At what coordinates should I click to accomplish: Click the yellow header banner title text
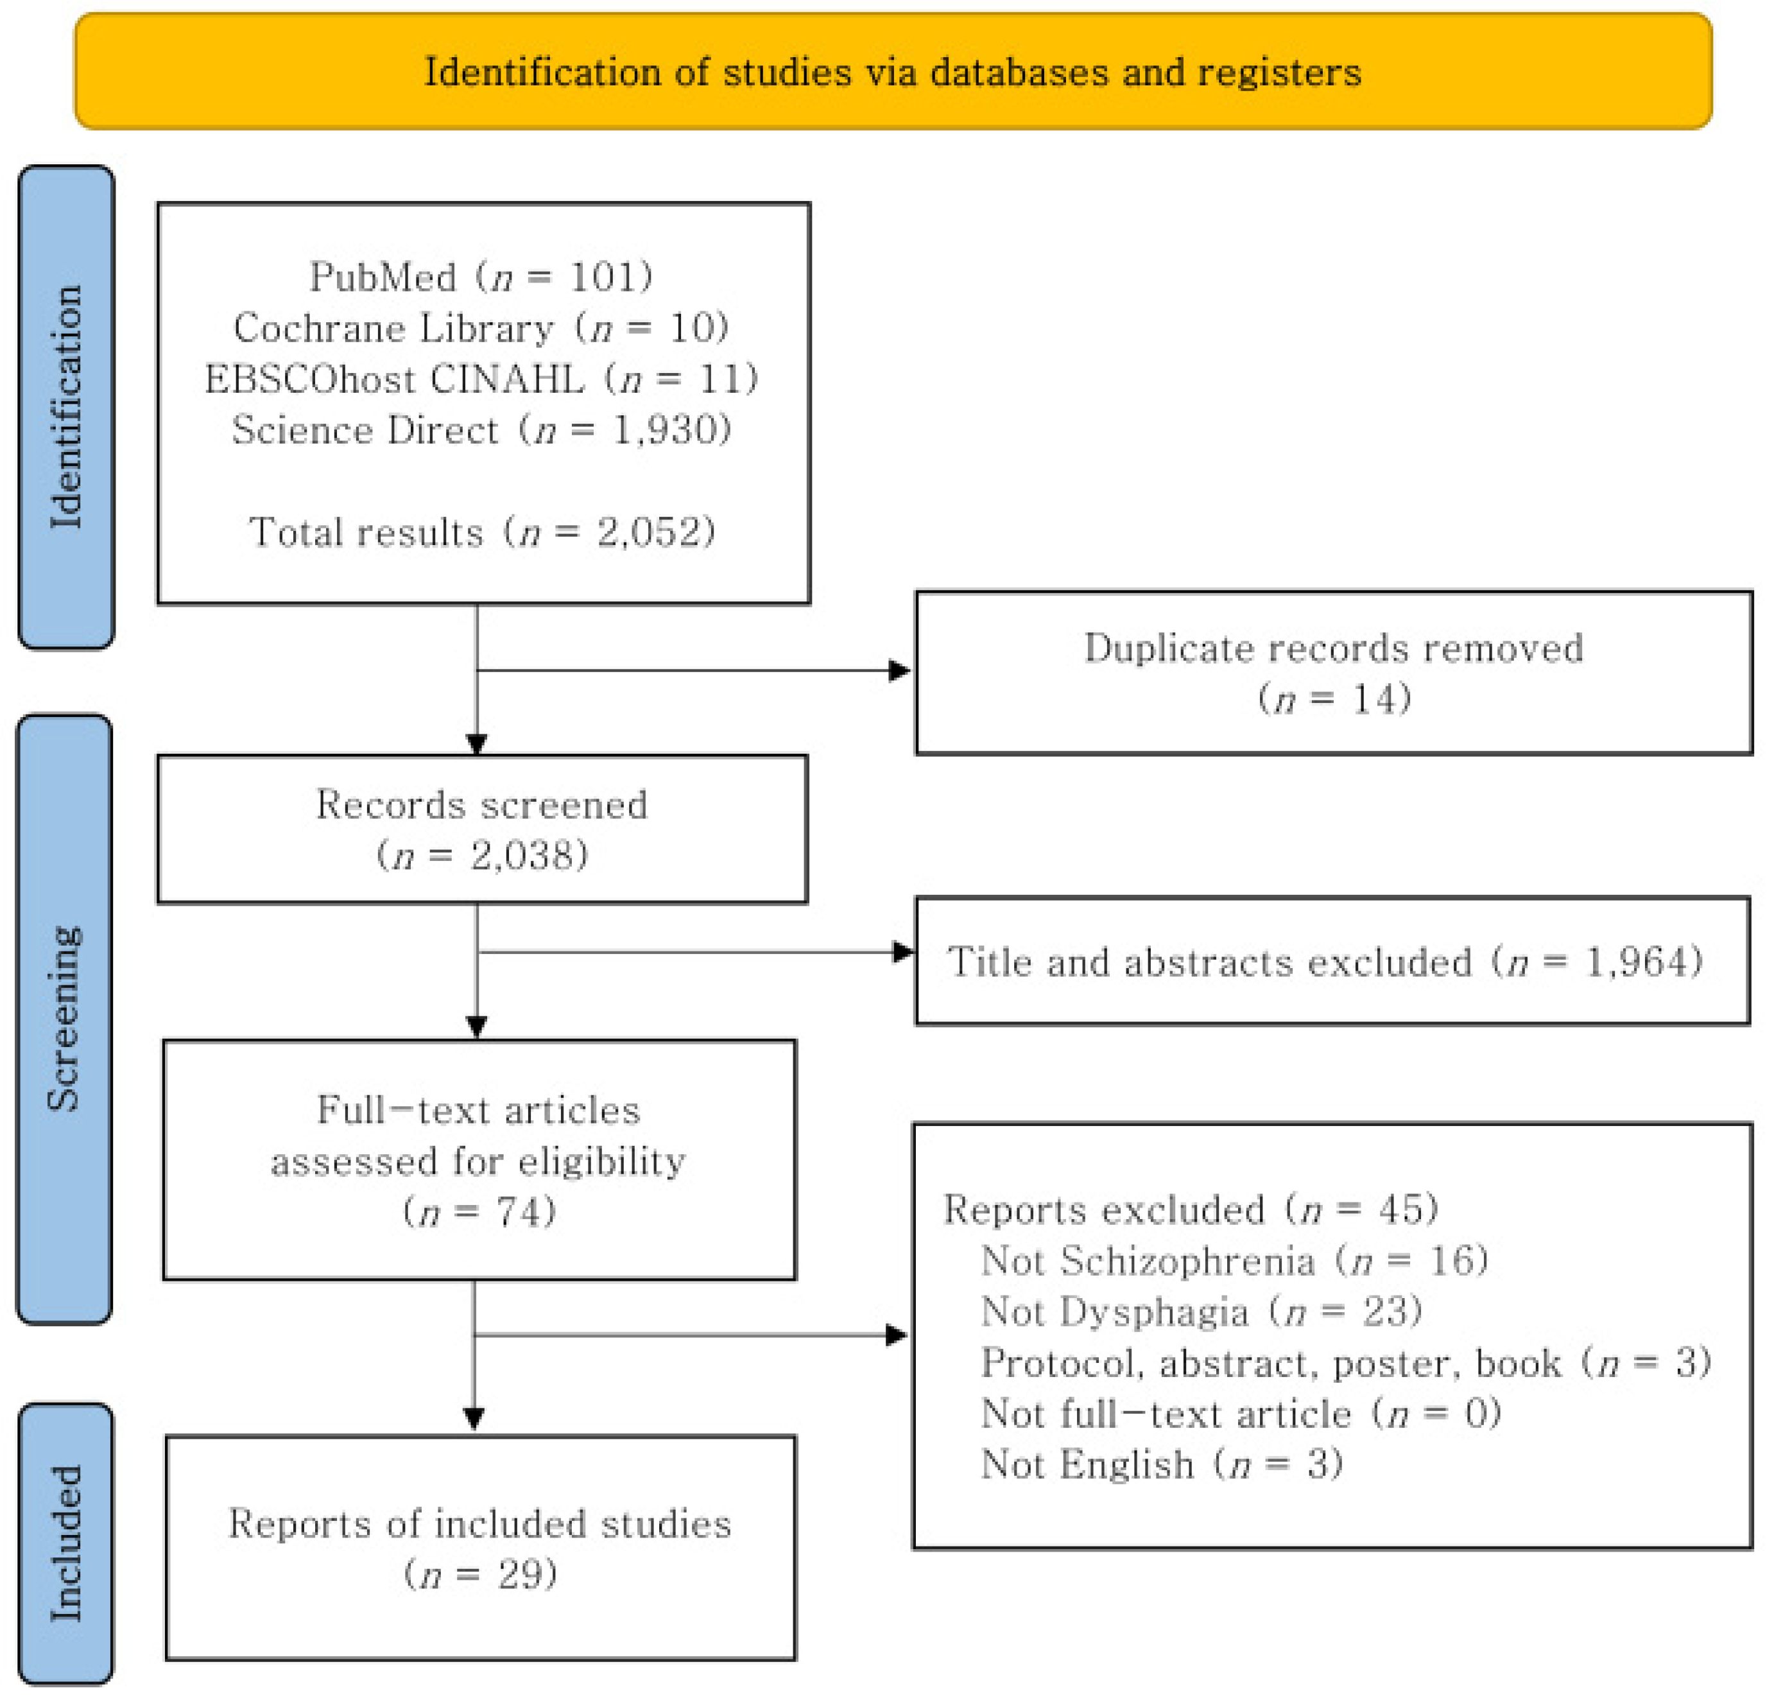[x=892, y=73]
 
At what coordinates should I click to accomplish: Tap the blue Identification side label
[x=66, y=406]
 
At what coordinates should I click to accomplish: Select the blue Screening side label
[x=64, y=1018]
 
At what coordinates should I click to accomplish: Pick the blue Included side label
[x=66, y=1543]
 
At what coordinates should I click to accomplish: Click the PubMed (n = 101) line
[x=481, y=276]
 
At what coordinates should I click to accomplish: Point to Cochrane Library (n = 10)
[x=481, y=327]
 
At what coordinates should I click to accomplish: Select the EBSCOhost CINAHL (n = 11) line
[x=481, y=378]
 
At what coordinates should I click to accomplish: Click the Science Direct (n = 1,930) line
[x=481, y=429]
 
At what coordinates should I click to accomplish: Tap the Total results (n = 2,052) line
[x=481, y=532]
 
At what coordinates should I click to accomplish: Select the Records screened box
[x=481, y=829]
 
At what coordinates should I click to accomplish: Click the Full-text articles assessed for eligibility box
[x=479, y=1159]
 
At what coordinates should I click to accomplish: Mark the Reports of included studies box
[x=479, y=1548]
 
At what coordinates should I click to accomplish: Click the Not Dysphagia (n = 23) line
[x=1201, y=1312]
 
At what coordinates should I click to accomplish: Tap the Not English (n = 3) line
[x=1161, y=1464]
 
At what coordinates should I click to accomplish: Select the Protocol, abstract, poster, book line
[x=1345, y=1363]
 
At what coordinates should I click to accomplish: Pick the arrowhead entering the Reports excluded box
[x=896, y=1335]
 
